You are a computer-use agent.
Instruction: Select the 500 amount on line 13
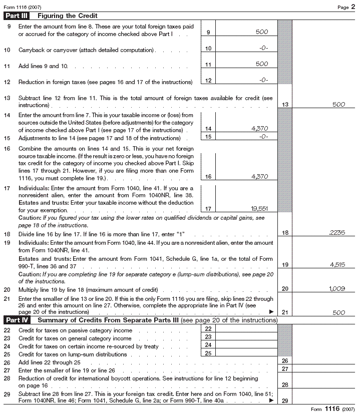coord(338,105)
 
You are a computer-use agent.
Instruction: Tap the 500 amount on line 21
coord(338,312)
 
